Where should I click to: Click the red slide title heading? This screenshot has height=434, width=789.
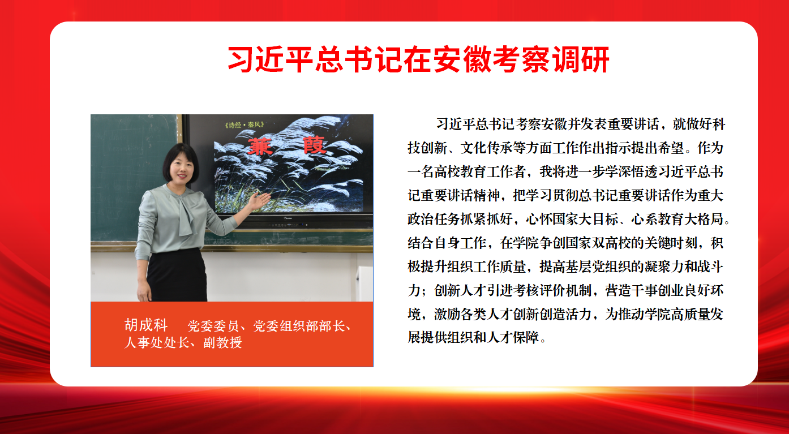click(418, 59)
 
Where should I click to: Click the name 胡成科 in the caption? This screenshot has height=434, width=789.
click(146, 325)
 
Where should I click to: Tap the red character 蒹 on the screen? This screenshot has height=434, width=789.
click(260, 147)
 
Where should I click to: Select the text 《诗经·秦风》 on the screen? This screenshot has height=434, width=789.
click(245, 125)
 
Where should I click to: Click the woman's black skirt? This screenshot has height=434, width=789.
click(177, 275)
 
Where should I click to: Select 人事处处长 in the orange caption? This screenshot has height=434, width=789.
click(157, 342)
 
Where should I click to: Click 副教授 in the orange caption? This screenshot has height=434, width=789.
click(222, 342)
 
